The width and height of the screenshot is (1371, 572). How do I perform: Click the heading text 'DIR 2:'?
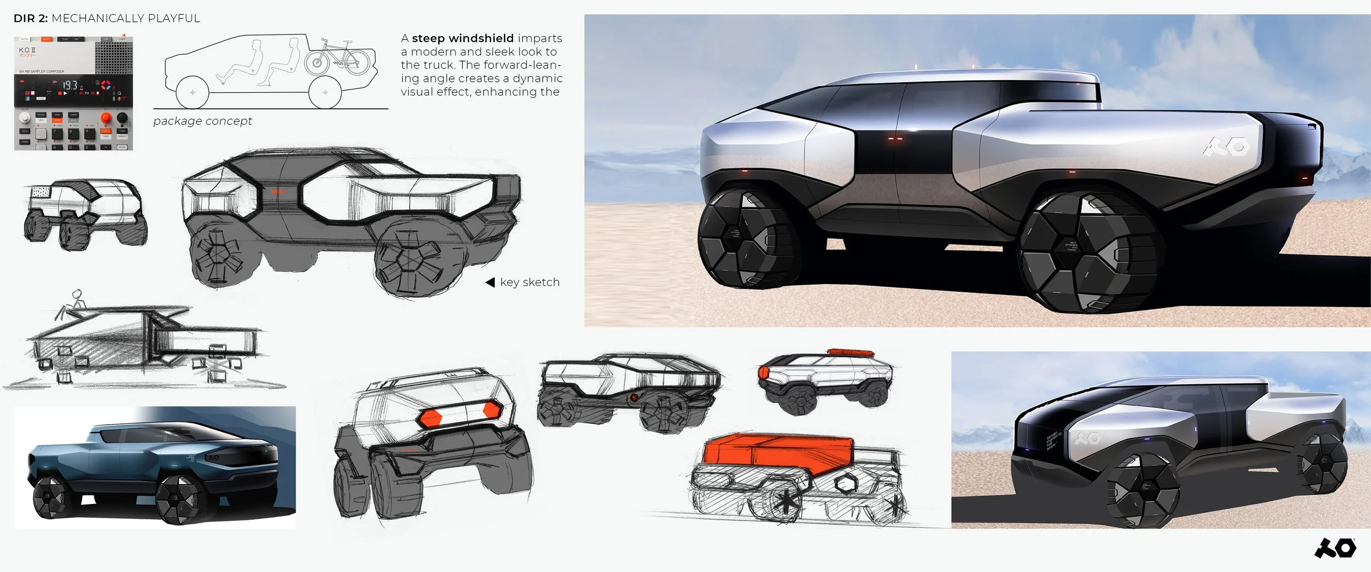(x=31, y=19)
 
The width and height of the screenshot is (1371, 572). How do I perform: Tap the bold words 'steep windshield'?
(x=462, y=38)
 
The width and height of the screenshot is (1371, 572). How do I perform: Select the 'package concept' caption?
(x=202, y=121)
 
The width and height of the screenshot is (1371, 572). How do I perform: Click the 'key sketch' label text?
(x=530, y=282)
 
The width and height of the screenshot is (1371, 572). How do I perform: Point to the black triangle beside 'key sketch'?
(x=490, y=282)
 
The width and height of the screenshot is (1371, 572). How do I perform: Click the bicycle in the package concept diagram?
(x=337, y=57)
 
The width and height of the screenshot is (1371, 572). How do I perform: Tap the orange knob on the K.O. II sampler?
(x=106, y=118)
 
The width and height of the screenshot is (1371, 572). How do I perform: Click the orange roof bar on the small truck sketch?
(x=850, y=352)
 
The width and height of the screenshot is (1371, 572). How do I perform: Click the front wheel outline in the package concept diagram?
(x=192, y=93)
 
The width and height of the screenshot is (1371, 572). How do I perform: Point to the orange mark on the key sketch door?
(x=278, y=192)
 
